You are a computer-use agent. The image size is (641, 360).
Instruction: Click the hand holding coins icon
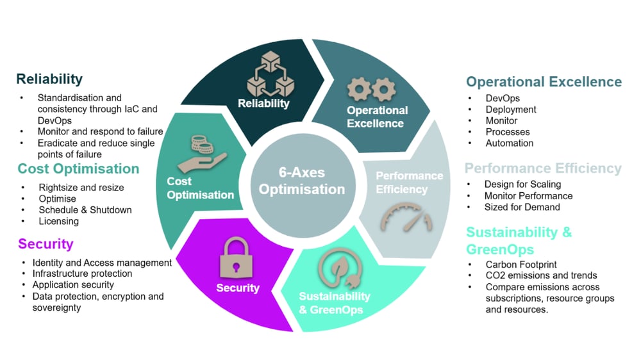click(203, 152)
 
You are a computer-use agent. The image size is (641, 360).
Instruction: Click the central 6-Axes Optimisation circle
click(302, 181)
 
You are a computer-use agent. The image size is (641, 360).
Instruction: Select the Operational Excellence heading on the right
click(544, 82)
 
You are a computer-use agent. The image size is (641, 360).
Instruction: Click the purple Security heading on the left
click(46, 244)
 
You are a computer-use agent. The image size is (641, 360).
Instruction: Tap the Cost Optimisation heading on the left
click(78, 169)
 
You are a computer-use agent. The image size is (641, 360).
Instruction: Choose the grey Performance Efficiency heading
click(543, 168)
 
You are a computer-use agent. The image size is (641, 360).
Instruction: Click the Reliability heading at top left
click(49, 79)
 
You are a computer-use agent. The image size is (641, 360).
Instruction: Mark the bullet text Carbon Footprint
click(521, 264)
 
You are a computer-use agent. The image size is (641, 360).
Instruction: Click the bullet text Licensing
click(58, 221)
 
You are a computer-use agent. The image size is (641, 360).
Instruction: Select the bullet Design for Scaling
click(522, 184)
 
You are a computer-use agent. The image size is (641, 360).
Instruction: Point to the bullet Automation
click(510, 143)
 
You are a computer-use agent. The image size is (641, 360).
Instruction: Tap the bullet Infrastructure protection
click(82, 274)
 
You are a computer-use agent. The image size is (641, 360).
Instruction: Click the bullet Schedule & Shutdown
click(85, 210)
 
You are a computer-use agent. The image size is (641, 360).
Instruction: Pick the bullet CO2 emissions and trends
click(541, 275)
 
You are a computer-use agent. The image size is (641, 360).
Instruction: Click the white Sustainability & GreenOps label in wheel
click(334, 303)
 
